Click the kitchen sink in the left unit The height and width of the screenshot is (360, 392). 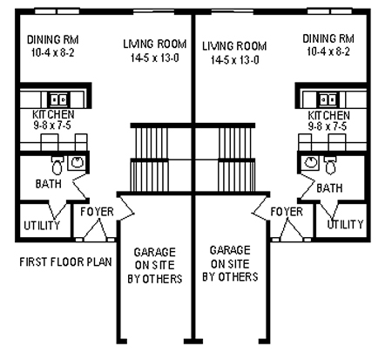click(x=58, y=99)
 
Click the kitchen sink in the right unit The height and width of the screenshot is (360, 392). click(x=328, y=99)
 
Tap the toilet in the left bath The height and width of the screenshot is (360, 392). click(x=57, y=166)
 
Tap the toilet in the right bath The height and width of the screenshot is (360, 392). click(x=330, y=165)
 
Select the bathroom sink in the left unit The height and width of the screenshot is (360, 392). click(x=77, y=163)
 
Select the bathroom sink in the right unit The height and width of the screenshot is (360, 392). click(x=310, y=163)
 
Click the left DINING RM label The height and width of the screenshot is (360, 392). click(x=53, y=39)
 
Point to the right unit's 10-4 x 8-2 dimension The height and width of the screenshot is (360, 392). click(x=328, y=51)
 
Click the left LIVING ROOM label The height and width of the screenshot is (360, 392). click(x=155, y=44)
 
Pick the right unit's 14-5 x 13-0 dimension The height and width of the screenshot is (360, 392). click(x=234, y=60)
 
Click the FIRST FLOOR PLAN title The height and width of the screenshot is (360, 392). click(x=65, y=262)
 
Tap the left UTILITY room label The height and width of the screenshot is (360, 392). click(x=42, y=226)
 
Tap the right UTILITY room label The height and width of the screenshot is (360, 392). click(x=345, y=224)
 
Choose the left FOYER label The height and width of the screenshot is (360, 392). click(x=97, y=212)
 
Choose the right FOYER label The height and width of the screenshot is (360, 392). click(x=287, y=212)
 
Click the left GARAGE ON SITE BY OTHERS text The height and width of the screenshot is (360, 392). click(x=155, y=265)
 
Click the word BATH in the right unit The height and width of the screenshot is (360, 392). click(x=329, y=188)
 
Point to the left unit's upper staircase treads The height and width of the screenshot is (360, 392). click(x=149, y=142)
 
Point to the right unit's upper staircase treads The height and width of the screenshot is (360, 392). click(x=236, y=142)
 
